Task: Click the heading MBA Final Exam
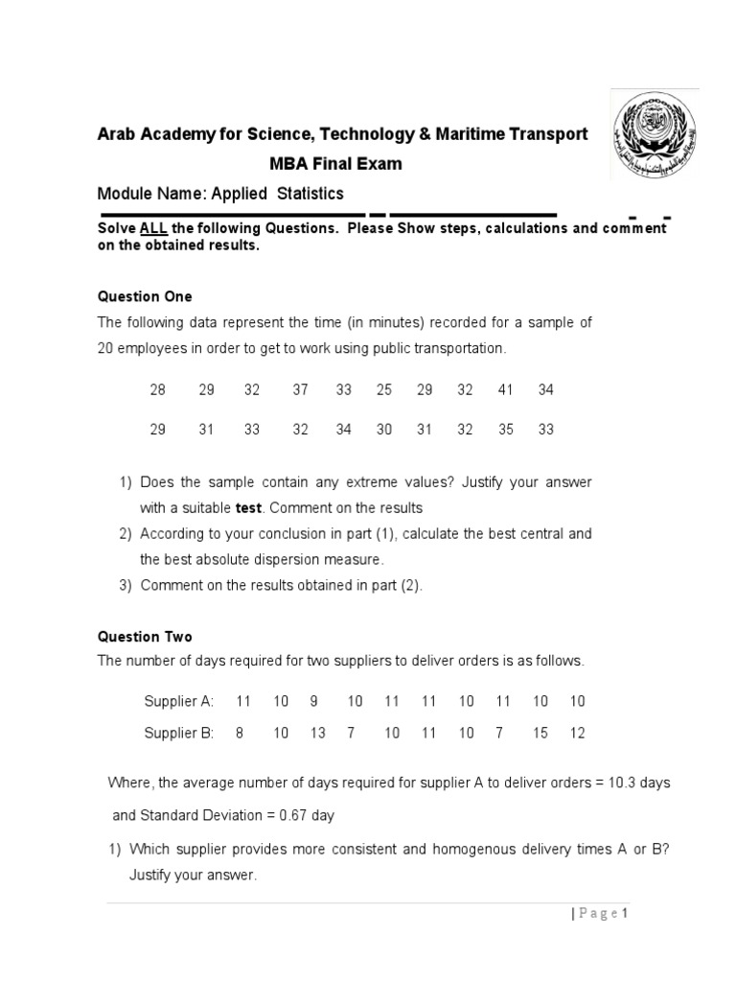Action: tap(335, 163)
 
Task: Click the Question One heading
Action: tap(145, 296)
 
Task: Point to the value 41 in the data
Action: tap(506, 390)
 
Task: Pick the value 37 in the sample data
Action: tap(301, 390)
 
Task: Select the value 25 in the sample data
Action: tap(384, 390)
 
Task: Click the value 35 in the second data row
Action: tap(506, 430)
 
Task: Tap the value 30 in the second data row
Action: tap(384, 430)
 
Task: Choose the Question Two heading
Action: tap(145, 636)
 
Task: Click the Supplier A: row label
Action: tap(178, 701)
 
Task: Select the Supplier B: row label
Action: tap(178, 733)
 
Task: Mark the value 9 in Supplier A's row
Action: tap(312, 701)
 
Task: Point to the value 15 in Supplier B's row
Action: tap(540, 733)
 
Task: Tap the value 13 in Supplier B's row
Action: tap(317, 733)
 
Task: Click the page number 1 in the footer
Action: tap(624, 913)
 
